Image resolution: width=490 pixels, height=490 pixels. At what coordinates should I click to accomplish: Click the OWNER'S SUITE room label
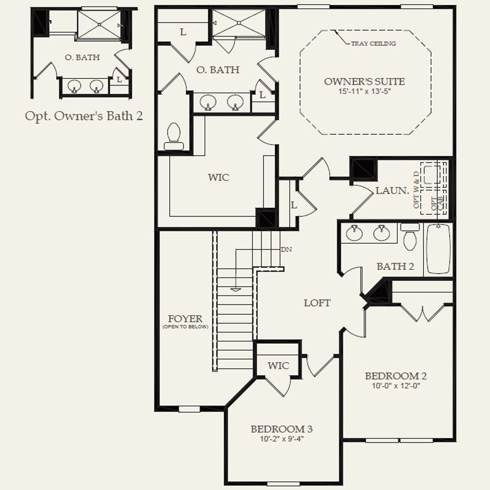(364, 82)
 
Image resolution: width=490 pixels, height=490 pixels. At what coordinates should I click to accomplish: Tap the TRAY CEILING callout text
(373, 43)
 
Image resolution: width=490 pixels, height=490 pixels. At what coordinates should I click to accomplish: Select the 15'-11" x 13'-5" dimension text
(364, 92)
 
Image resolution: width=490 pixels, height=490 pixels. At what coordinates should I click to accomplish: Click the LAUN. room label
(392, 190)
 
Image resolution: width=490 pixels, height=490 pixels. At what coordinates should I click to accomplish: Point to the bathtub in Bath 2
(438, 249)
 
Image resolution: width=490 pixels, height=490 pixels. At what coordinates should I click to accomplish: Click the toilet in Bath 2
(410, 237)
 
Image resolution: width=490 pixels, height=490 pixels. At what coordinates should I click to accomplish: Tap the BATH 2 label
(395, 266)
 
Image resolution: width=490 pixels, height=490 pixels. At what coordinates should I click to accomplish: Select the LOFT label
(317, 303)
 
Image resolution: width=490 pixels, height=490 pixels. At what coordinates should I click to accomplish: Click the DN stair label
(286, 250)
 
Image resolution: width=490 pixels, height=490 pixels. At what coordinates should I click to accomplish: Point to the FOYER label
(185, 318)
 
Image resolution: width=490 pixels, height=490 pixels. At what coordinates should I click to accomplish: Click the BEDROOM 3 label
(281, 429)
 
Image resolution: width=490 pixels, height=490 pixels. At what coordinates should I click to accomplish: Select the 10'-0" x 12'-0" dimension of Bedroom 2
(396, 386)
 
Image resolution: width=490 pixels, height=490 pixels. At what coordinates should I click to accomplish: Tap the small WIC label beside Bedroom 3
(278, 366)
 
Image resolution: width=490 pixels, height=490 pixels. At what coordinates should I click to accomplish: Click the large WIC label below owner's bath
(219, 177)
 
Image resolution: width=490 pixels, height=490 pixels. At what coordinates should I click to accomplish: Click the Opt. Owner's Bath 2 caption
(84, 116)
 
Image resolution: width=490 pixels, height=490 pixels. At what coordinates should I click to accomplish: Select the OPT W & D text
(416, 190)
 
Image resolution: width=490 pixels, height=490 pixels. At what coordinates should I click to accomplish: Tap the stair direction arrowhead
(236, 290)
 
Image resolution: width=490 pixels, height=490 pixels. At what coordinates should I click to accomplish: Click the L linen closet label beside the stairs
(294, 205)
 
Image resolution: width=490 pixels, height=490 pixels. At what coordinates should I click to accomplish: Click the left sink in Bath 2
(354, 233)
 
